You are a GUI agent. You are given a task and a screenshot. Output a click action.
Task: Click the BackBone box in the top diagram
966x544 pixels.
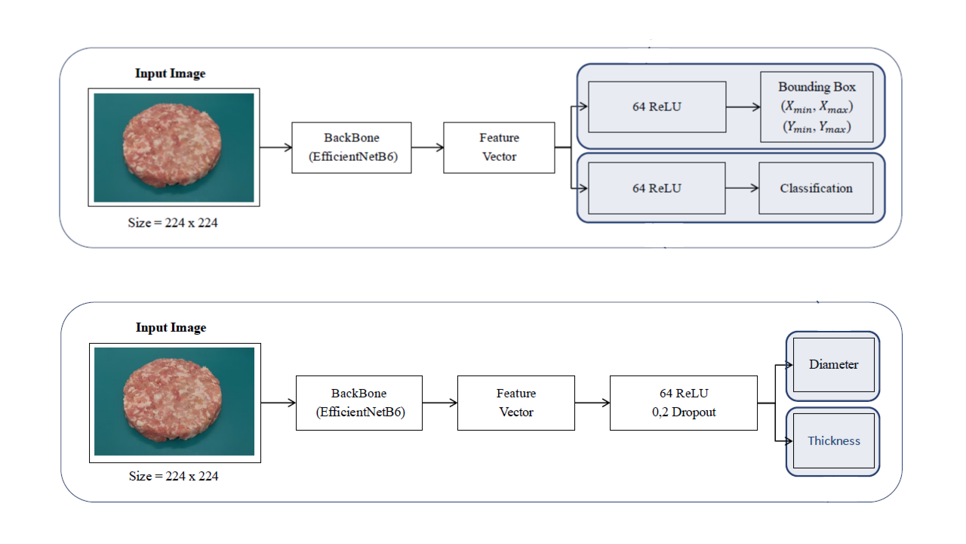point(352,147)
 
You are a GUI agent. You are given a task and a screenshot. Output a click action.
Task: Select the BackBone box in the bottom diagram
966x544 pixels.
point(358,403)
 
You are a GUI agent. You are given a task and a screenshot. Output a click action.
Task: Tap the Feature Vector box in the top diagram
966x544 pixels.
point(499,147)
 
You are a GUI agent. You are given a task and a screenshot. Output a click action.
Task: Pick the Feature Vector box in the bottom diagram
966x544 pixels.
point(515,403)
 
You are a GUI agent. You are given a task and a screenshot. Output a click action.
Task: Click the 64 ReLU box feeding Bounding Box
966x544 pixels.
point(657,107)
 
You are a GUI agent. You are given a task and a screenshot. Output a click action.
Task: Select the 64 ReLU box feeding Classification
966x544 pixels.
point(657,188)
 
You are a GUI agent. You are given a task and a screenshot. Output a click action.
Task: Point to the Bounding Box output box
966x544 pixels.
point(817,107)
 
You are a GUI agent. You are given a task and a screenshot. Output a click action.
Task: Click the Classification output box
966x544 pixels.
point(817,188)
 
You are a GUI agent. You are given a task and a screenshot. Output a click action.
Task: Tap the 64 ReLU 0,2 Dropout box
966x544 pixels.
point(683,403)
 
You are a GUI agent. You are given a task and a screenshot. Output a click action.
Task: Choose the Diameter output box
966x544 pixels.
point(833,365)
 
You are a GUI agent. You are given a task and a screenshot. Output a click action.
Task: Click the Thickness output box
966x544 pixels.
point(833,440)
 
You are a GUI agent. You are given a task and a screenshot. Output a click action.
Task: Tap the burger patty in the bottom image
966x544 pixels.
point(174,400)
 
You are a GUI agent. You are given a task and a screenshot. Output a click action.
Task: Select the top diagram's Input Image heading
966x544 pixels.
point(170,73)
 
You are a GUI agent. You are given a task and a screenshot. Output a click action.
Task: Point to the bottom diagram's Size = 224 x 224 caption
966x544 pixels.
point(174,476)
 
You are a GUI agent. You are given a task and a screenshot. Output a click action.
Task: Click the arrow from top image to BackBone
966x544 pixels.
point(275,148)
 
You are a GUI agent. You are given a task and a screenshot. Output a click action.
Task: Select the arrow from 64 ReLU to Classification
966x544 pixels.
point(742,188)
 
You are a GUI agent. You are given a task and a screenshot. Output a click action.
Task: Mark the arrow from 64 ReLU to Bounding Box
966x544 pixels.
point(743,107)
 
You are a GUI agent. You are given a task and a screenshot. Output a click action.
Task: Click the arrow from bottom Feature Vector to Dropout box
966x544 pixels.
point(592,403)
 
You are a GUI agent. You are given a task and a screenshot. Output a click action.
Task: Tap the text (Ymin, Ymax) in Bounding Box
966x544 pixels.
point(817,128)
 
